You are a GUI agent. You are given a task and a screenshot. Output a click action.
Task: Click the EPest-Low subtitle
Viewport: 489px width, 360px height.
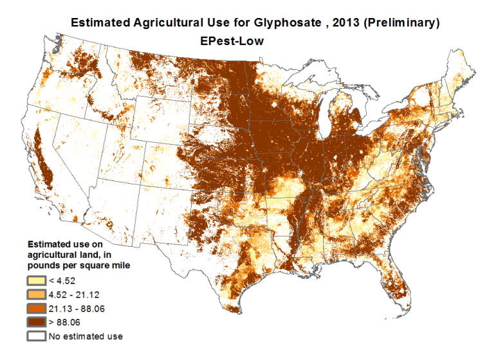coord(233,40)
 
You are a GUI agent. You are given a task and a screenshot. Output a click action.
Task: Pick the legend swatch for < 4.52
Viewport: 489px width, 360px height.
coord(36,280)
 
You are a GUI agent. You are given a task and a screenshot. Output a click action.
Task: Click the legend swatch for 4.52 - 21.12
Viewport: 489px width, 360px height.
coord(36,294)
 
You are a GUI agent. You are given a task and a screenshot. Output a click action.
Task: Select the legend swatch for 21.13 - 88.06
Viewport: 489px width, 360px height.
coord(36,309)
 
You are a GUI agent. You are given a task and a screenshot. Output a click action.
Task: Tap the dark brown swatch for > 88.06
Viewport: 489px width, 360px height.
coord(36,322)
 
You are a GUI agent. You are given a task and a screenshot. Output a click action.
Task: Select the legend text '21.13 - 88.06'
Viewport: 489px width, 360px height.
coord(77,309)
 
